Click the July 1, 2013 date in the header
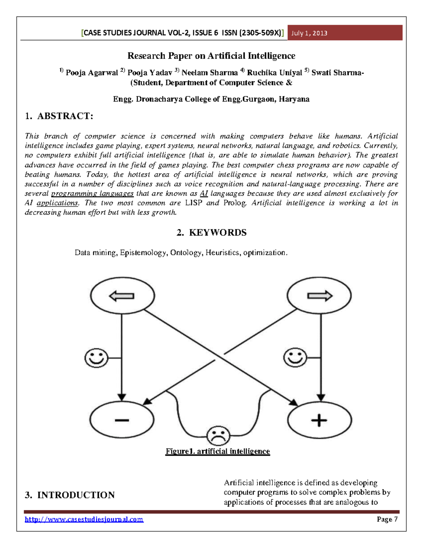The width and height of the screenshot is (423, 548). coord(309,33)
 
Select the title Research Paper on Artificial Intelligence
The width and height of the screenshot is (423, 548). coord(211,56)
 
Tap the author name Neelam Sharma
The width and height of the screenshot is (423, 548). coord(209,73)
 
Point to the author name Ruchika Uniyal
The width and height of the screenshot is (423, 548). coord(274,73)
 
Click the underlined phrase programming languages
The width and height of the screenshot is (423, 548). coord(92,193)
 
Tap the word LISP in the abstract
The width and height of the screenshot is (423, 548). coord(194,203)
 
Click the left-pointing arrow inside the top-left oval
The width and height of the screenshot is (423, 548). coord(122,296)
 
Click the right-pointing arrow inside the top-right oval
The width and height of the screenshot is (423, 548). coord(320,296)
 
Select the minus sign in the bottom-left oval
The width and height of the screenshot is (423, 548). coord(122,420)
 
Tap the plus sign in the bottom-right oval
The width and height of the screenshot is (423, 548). coord(319,420)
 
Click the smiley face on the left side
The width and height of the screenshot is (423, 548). coord(96,358)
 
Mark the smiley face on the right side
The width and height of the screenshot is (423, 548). coord(295,357)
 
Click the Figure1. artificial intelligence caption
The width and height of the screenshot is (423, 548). coord(217,451)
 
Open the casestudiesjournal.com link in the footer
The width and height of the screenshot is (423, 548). coord(84,519)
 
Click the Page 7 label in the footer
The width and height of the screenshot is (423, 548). coord(387,519)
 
